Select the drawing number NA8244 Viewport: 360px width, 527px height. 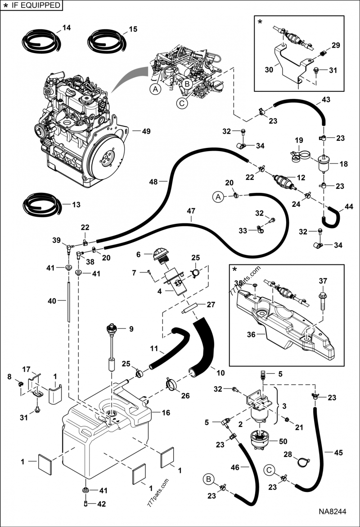(333, 512)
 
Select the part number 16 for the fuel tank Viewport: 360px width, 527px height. (166, 412)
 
